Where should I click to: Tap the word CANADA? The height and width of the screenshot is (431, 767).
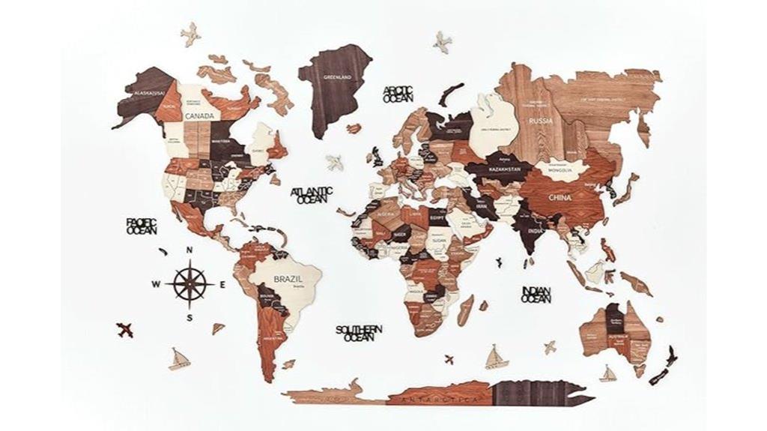click(199, 116)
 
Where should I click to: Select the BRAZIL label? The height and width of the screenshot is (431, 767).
click(288, 278)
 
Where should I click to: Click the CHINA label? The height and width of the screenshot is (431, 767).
click(560, 198)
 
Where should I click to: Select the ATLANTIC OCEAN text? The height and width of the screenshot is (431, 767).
click(312, 195)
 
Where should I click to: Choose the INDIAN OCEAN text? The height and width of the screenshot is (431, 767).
click(536, 294)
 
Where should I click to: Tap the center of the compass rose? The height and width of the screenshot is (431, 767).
click(190, 283)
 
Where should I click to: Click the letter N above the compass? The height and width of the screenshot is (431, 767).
click(190, 250)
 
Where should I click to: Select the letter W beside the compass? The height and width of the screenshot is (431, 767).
click(157, 283)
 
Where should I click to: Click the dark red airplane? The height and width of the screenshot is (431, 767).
click(124, 328)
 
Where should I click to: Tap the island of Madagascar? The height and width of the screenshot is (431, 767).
click(465, 309)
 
